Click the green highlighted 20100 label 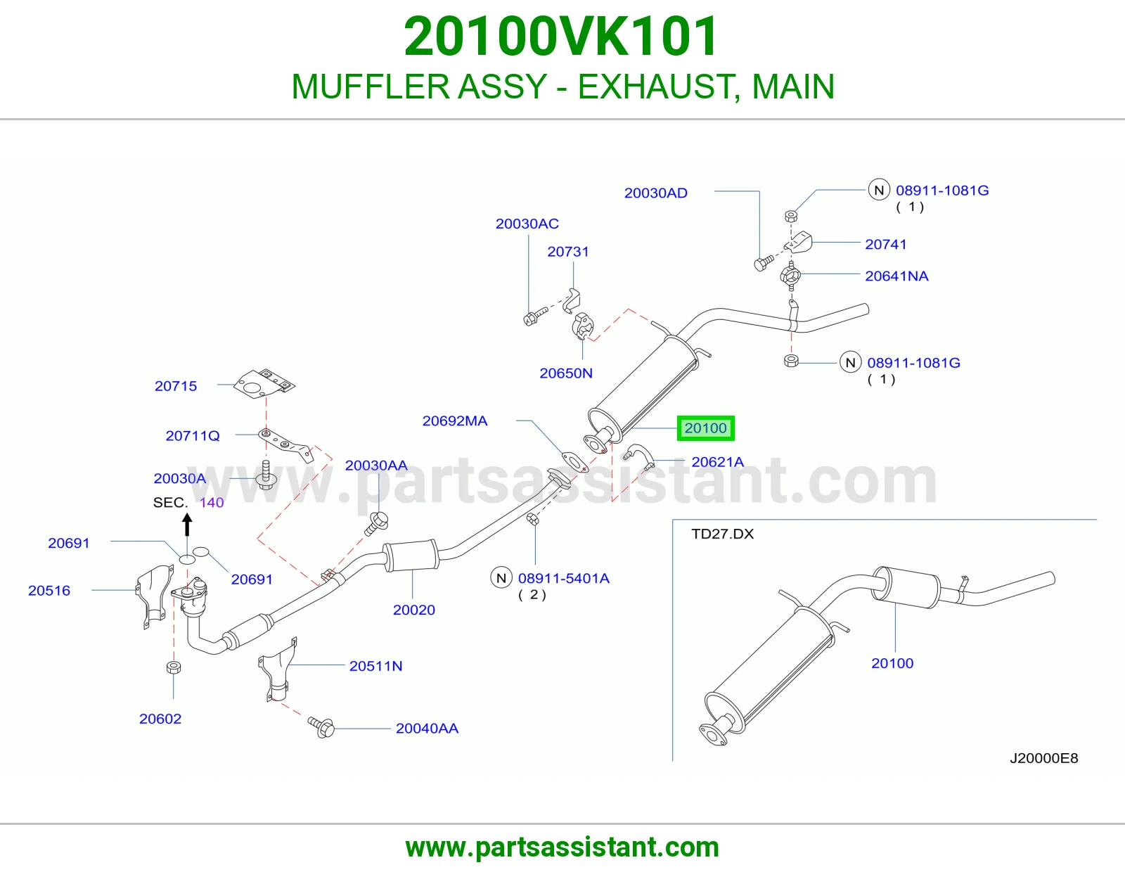coord(706,428)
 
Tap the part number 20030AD coord(655,193)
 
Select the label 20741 coord(886,245)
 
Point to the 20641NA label coord(896,276)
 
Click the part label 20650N coord(566,373)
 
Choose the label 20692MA coord(454,421)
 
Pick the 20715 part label coord(176,386)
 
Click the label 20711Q coord(193,436)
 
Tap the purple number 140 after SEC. coord(212,502)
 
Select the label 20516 coord(49,590)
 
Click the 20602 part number coord(160,719)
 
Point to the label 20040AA coord(427,729)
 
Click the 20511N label coord(376,666)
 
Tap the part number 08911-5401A coord(564,578)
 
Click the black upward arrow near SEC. coord(188,524)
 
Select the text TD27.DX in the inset coord(722,534)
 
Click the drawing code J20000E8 coord(1043,758)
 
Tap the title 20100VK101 coord(561,37)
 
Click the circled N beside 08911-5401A coord(501,578)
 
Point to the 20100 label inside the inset coord(892,663)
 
